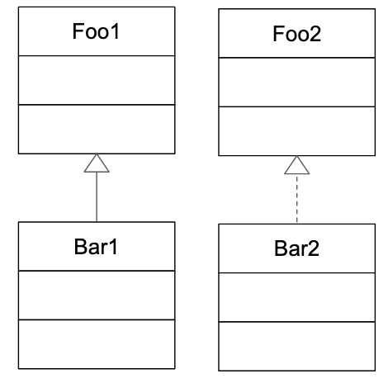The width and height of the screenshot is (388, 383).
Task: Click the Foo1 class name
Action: click(96, 31)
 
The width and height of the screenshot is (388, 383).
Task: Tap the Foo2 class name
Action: click(296, 34)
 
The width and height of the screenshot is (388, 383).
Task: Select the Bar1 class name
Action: click(96, 247)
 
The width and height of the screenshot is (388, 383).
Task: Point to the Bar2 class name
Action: click(296, 248)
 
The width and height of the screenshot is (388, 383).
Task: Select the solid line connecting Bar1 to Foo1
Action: click(97, 197)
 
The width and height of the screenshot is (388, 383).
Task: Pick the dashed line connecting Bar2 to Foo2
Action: click(296, 199)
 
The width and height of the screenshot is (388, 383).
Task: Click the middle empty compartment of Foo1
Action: click(97, 80)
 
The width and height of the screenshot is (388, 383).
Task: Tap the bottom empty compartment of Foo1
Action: click(97, 129)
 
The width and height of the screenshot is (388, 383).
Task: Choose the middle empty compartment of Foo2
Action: click(296, 83)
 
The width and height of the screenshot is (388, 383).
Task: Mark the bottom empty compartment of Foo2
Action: click(296, 131)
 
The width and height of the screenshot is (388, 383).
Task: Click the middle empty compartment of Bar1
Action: click(97, 296)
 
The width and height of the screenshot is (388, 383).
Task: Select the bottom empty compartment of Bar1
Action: click(97, 344)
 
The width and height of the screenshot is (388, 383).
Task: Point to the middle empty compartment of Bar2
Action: click(296, 297)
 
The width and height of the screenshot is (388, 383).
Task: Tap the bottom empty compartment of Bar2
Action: click(296, 346)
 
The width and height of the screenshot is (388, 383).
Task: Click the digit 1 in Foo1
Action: click(116, 31)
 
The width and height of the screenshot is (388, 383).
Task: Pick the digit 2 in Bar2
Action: click(314, 248)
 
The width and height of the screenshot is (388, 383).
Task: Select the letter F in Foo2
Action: click(278, 34)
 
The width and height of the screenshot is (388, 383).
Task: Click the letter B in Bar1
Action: click(80, 247)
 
